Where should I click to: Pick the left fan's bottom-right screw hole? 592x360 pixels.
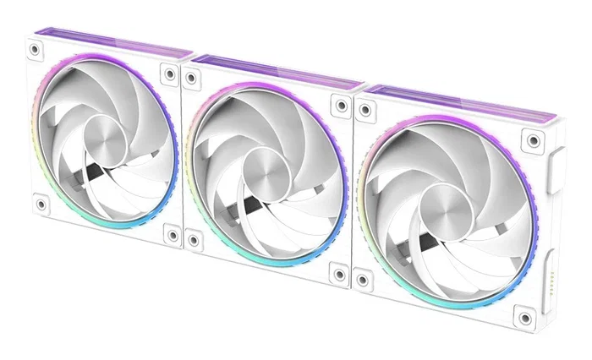point(173,235)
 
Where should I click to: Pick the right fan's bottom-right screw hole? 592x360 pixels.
point(526,319)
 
